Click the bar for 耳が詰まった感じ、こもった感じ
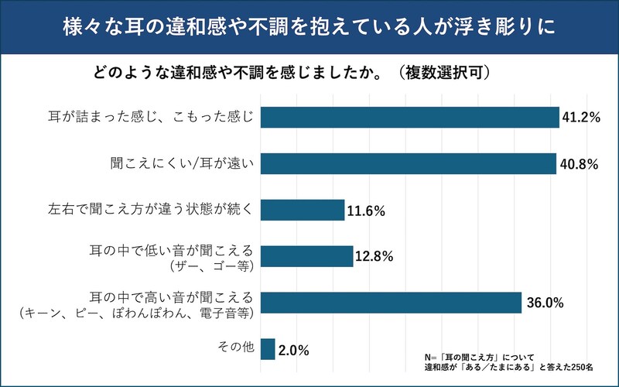click(410, 117)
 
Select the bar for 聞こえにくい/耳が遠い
click(409, 163)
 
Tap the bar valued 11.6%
click(303, 210)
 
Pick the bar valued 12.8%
click(307, 256)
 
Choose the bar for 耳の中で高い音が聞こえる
click(392, 303)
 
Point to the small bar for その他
click(268, 349)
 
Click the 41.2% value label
click(583, 118)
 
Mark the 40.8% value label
click(580, 164)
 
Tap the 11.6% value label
click(367, 211)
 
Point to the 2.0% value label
click(294, 350)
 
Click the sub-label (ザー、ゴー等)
click(210, 265)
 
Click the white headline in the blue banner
click(309, 28)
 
